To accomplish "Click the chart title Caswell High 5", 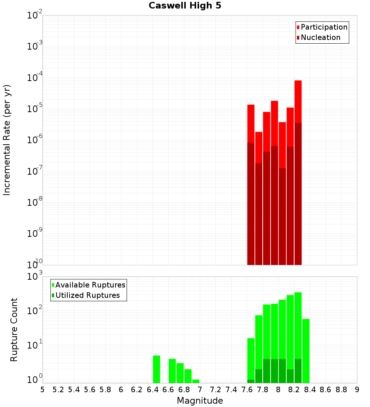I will point(185,6).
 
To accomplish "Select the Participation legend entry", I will point(322,27).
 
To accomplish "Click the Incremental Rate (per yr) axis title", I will point(7,140).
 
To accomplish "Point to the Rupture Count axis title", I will point(14,329).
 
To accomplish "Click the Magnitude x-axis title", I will point(200,401).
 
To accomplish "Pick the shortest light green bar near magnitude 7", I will point(196,381).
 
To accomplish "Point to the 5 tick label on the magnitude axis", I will point(43,390).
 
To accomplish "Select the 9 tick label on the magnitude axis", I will point(357,390).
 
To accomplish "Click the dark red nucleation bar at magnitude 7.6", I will point(251,203).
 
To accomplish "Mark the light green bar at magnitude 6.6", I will point(172,371).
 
